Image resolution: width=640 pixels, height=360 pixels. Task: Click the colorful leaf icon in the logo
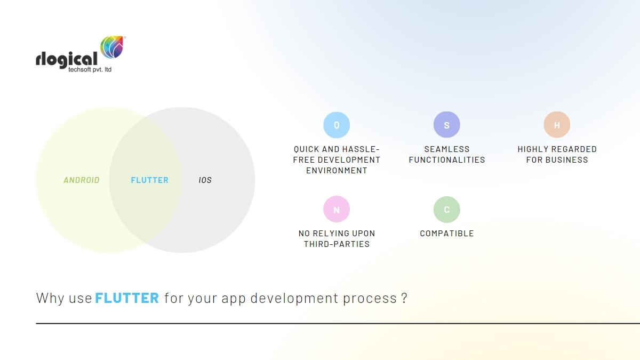tap(112, 47)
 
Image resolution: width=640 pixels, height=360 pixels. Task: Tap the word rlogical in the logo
tap(67, 59)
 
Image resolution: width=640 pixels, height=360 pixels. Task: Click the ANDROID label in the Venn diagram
tap(82, 180)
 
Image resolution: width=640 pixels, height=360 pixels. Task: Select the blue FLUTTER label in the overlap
tap(150, 180)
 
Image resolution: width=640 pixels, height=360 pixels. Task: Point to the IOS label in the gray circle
tap(205, 180)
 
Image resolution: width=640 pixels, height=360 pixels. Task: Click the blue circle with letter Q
tap(337, 125)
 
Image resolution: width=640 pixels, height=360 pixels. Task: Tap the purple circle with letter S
tap(447, 125)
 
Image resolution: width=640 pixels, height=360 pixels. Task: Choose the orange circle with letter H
tap(557, 125)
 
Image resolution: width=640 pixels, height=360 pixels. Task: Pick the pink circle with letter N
tap(337, 210)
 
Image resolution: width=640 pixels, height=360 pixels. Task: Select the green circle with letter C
tap(447, 210)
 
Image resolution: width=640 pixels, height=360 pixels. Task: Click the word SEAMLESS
tap(447, 149)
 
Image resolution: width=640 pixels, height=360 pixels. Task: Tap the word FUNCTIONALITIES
tap(447, 160)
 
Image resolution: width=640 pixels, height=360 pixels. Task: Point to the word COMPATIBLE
tap(447, 234)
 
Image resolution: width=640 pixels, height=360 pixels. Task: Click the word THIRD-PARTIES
tap(337, 244)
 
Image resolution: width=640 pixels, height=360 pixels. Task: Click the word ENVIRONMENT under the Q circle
tap(337, 171)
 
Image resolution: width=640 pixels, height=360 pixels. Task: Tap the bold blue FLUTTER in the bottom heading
tap(127, 298)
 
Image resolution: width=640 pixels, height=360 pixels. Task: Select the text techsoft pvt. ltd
tap(90, 70)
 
